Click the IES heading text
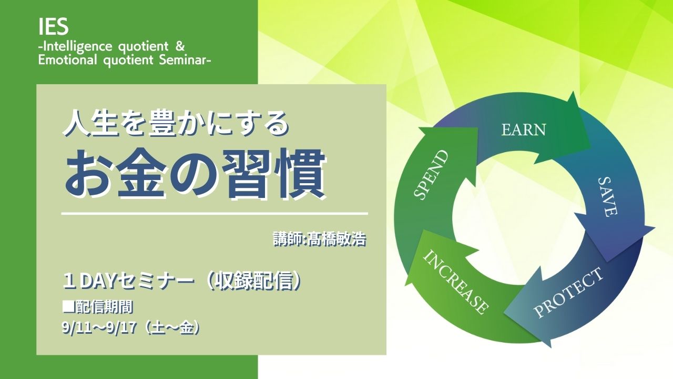tap(54, 26)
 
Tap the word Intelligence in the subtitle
tap(77, 47)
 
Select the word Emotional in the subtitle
tap(68, 60)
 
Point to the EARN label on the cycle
tap(523, 129)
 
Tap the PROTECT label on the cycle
tap(568, 293)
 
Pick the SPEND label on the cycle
tap(430, 175)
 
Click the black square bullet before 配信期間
tap(67, 307)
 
